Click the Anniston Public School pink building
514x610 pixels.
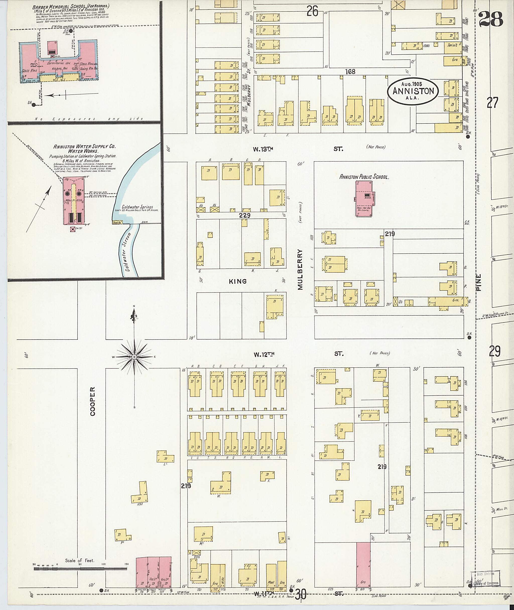click(364, 198)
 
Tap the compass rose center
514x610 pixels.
click(134, 357)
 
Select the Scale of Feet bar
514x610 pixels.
click(80, 569)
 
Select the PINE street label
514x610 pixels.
click(479, 282)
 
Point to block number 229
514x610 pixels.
click(244, 215)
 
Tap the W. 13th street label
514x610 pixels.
click(263, 149)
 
